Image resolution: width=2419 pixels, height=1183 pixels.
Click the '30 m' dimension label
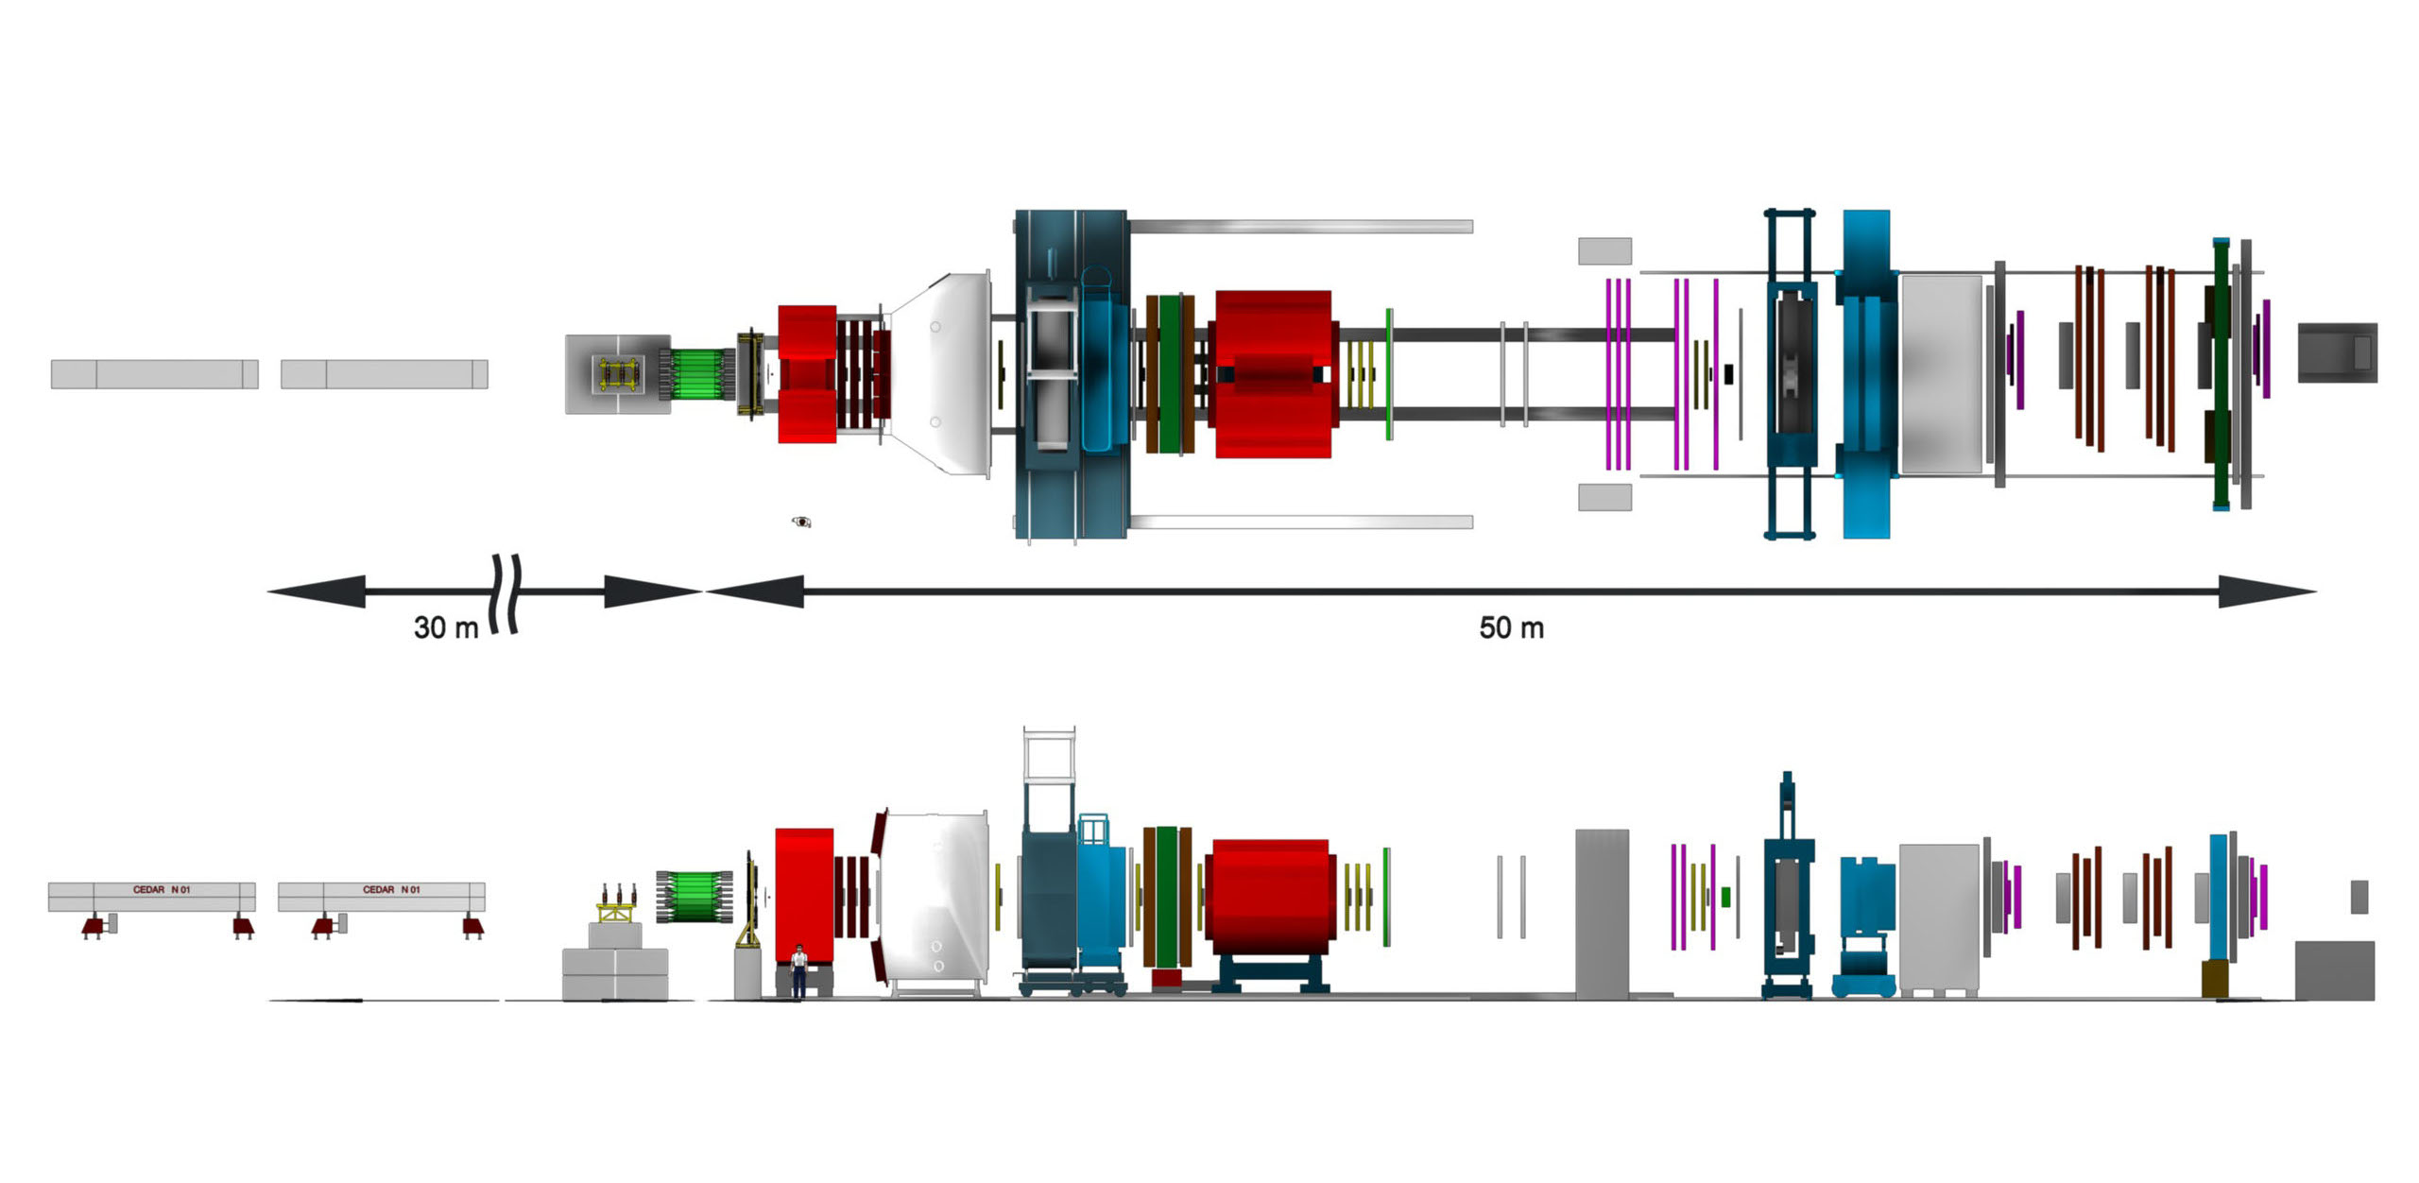(x=446, y=627)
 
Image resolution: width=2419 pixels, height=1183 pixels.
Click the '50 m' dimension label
(x=1511, y=627)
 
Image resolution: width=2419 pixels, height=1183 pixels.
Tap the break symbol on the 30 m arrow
(x=506, y=593)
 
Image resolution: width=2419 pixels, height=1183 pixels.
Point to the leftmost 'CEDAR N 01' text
(x=162, y=889)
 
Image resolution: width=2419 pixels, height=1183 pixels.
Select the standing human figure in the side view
(x=798, y=970)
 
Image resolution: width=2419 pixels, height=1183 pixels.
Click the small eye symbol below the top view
(x=801, y=522)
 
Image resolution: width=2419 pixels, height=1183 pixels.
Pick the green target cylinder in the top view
(x=698, y=374)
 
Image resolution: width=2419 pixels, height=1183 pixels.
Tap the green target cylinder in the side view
(x=695, y=897)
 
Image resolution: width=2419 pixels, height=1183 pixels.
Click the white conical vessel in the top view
(x=941, y=374)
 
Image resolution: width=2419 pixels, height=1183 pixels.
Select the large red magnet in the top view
(x=1273, y=374)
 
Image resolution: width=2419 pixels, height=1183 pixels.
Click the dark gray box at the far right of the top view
(x=2337, y=352)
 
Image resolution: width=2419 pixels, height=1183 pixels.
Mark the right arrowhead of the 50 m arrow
(x=2267, y=591)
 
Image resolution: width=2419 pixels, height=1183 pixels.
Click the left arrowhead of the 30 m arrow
(x=317, y=591)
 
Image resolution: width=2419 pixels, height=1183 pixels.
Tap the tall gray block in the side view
(x=1602, y=914)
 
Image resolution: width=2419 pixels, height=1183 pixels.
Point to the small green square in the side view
(x=1725, y=897)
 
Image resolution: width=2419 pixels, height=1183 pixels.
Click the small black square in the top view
(x=1728, y=374)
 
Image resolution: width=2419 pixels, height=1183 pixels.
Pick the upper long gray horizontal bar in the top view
(x=1300, y=227)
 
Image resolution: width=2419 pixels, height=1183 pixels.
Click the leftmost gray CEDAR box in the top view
(x=154, y=374)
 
